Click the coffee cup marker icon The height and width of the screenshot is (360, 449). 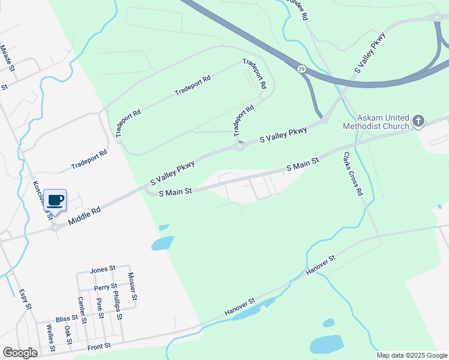click(x=55, y=200)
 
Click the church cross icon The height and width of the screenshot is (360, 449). click(x=418, y=122)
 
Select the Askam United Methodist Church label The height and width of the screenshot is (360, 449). click(x=375, y=122)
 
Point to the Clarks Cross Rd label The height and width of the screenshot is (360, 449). click(x=353, y=174)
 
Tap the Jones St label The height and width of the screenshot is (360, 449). click(x=101, y=271)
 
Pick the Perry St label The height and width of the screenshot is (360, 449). click(x=105, y=287)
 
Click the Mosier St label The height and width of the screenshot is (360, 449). click(x=133, y=287)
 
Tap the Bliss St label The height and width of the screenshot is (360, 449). click(x=67, y=318)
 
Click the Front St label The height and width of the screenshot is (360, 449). click(x=99, y=346)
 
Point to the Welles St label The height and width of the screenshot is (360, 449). click(x=51, y=338)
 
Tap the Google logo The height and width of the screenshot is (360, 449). click(x=20, y=353)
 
